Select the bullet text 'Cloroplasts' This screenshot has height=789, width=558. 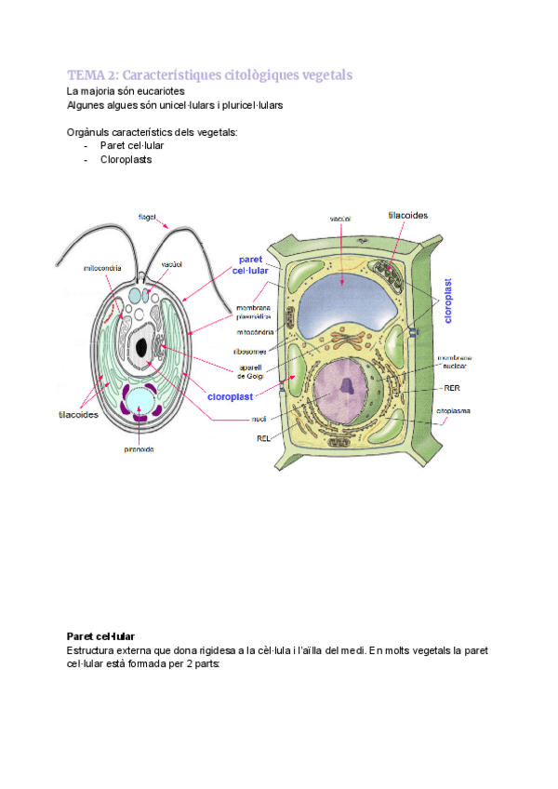[x=126, y=159]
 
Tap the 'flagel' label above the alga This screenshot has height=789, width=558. [x=147, y=217]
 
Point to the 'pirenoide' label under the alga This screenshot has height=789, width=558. [x=139, y=448]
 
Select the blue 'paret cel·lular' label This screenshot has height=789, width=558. [x=250, y=264]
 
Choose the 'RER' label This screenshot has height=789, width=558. [x=452, y=387]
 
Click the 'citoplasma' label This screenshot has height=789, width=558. [x=455, y=409]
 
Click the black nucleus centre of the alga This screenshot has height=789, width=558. [x=141, y=348]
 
